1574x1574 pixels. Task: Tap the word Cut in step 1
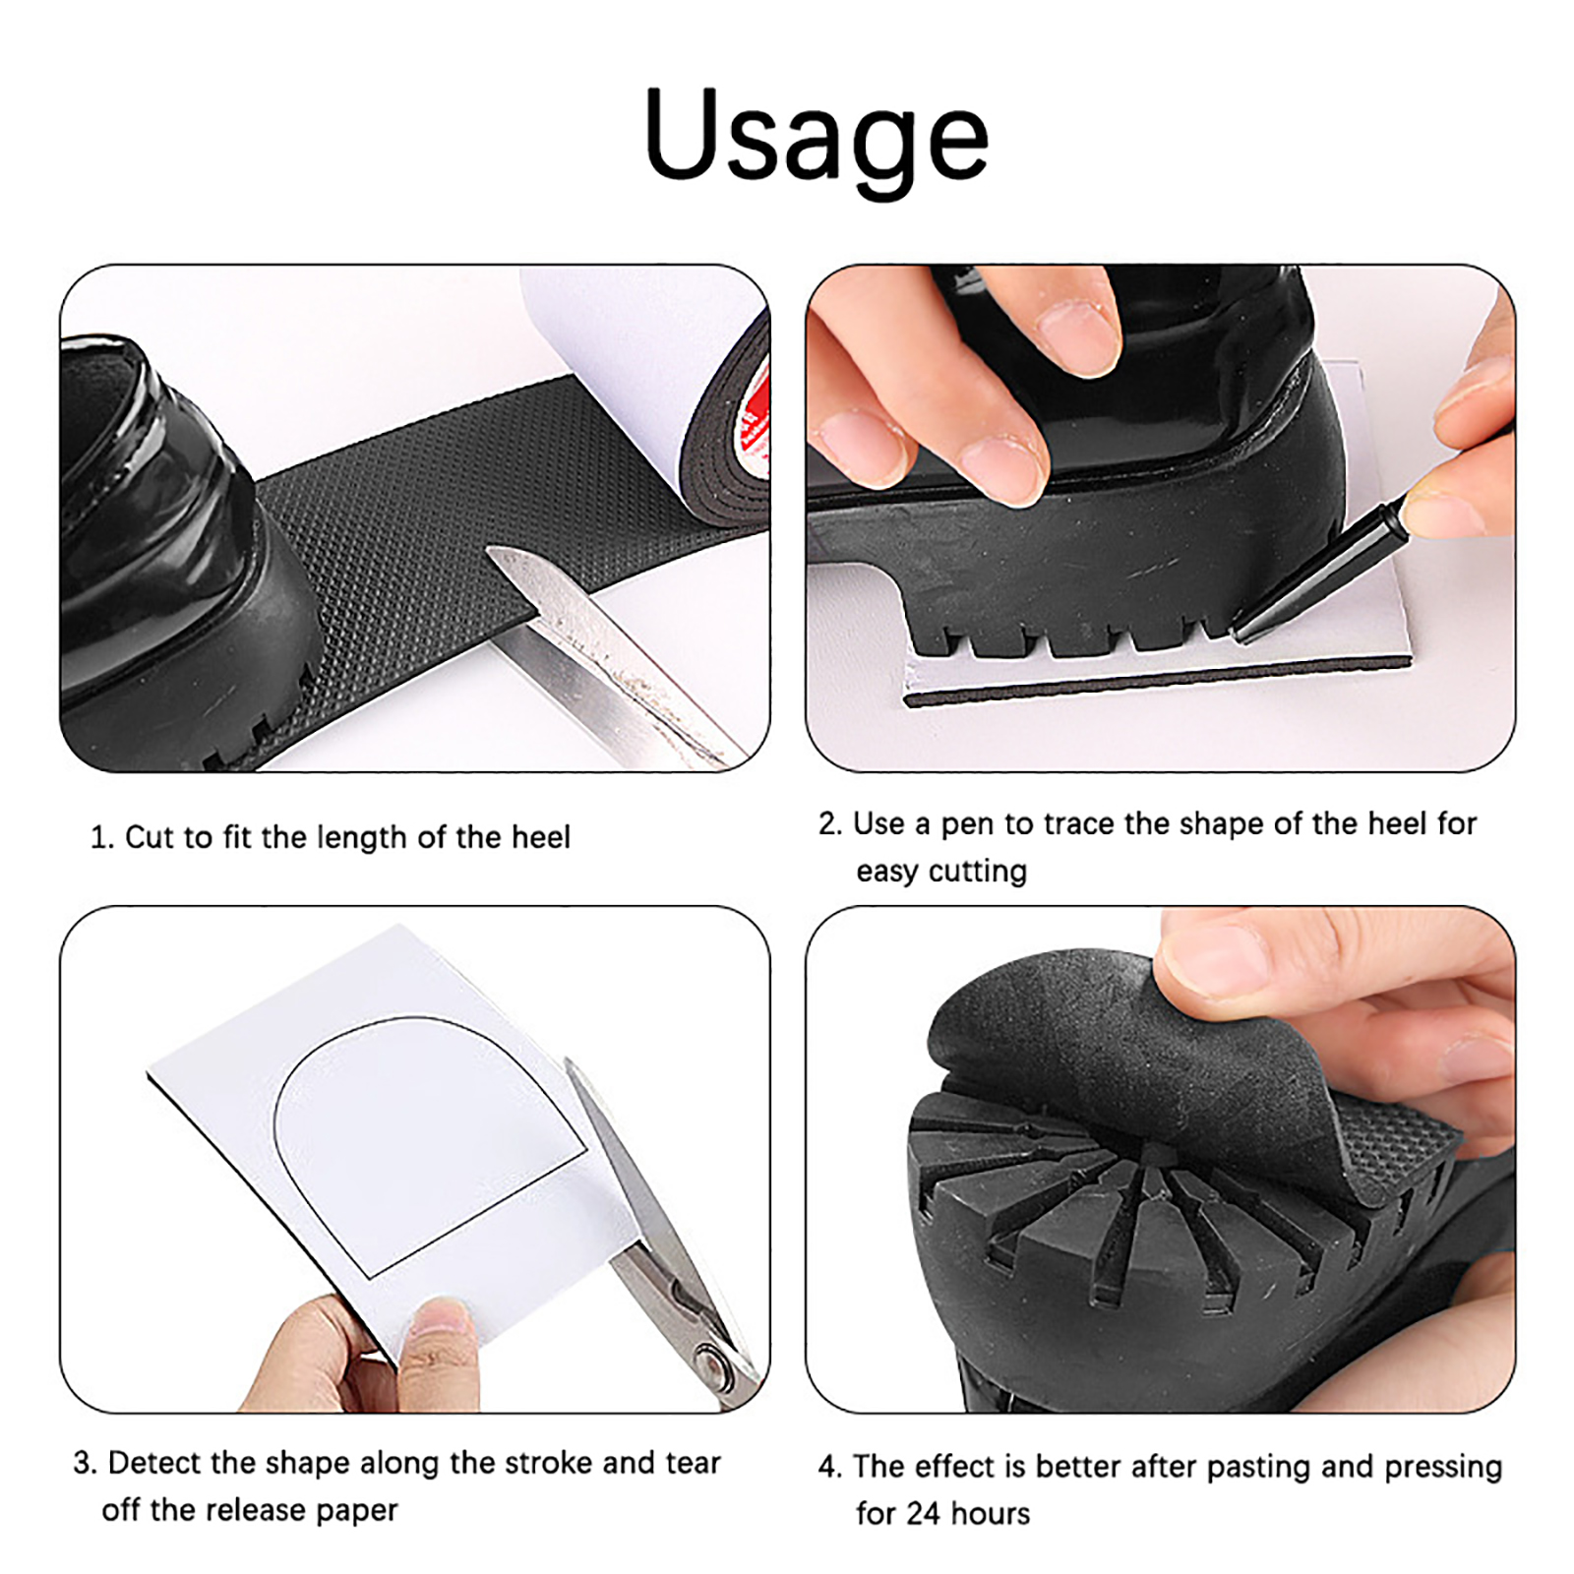[x=149, y=837]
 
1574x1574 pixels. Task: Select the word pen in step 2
[x=967, y=825]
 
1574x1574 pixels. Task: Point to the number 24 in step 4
[x=923, y=1513]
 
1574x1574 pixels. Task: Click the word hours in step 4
[x=991, y=1513]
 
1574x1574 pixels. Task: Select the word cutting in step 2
[x=978, y=873]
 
